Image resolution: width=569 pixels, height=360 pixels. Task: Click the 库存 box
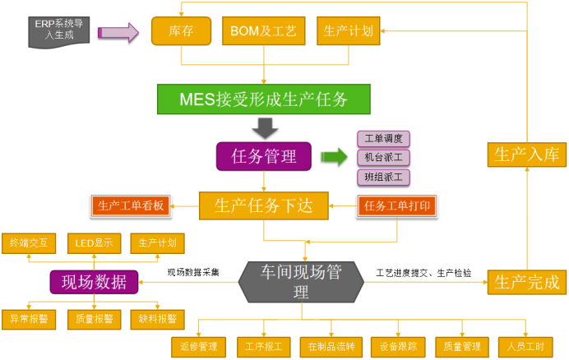(181, 32)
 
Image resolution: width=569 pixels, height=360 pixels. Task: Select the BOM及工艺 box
(263, 32)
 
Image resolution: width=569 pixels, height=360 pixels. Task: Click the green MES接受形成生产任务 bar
(263, 99)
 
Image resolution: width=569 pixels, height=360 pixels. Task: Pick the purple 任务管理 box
(263, 155)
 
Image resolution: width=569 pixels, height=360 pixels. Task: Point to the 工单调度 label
(383, 138)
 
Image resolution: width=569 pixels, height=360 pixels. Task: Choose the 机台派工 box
(383, 157)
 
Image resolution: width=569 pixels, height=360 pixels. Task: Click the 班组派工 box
(383, 176)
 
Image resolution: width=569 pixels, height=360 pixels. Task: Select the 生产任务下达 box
(263, 205)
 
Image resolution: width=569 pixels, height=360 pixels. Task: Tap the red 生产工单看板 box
(131, 205)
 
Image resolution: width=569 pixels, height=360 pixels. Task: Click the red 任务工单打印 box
(396, 205)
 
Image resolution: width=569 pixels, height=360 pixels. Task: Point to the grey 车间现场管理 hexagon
(302, 281)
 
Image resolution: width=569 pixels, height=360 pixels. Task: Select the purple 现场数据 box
(93, 282)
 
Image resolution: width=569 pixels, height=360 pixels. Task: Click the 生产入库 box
(526, 155)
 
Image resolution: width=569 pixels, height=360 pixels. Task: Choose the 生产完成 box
(526, 282)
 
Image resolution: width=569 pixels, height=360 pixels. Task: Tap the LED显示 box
(93, 243)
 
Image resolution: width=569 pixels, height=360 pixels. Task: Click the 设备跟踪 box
(394, 347)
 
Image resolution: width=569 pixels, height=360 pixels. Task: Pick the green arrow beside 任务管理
(333, 156)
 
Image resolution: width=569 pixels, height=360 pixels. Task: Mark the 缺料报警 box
(157, 318)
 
